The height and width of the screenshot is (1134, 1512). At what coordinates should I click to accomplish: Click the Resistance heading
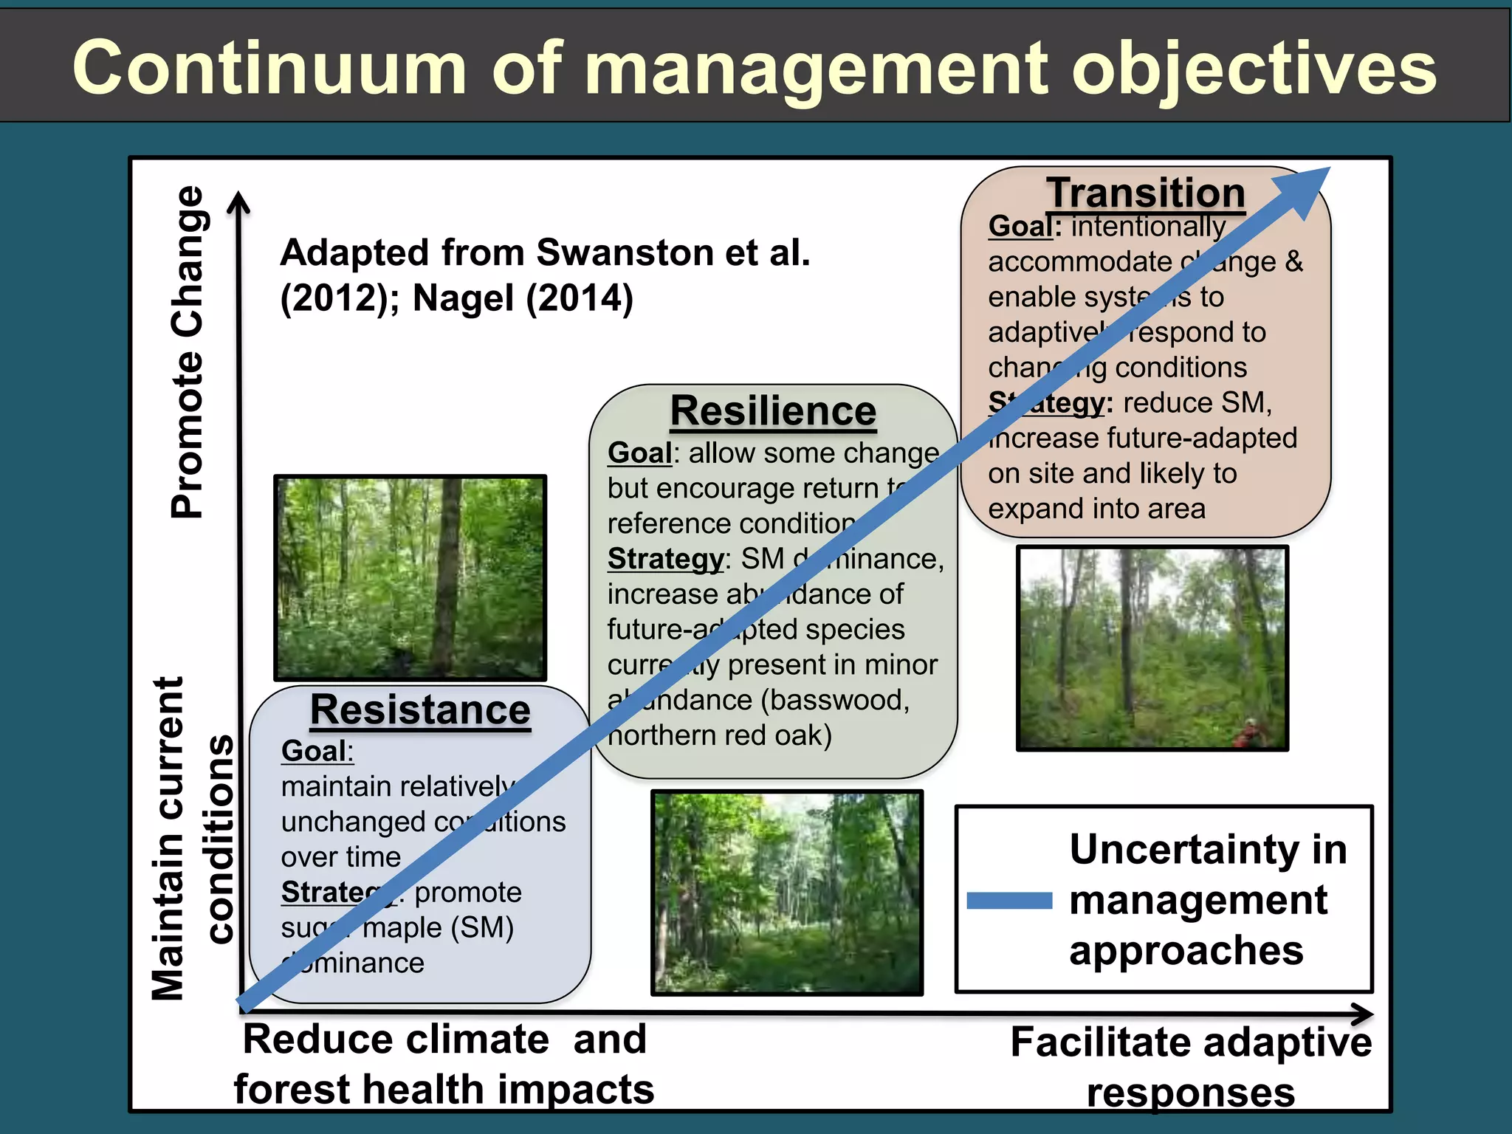pyautogui.click(x=420, y=710)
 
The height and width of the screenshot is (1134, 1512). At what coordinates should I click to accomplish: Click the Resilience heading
pyautogui.click(x=773, y=410)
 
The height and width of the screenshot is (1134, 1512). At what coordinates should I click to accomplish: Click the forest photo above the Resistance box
pyautogui.click(x=410, y=577)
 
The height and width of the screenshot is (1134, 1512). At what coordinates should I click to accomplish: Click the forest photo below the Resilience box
pyautogui.click(x=787, y=893)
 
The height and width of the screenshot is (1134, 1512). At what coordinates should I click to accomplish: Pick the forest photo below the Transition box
pyautogui.click(x=1152, y=648)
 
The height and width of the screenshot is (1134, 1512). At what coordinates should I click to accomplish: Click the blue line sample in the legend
pyautogui.click(x=1008, y=900)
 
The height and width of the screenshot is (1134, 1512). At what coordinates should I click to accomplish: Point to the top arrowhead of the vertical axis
pyautogui.click(x=238, y=202)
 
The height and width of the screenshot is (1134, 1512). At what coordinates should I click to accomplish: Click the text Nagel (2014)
pyautogui.click(x=523, y=298)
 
